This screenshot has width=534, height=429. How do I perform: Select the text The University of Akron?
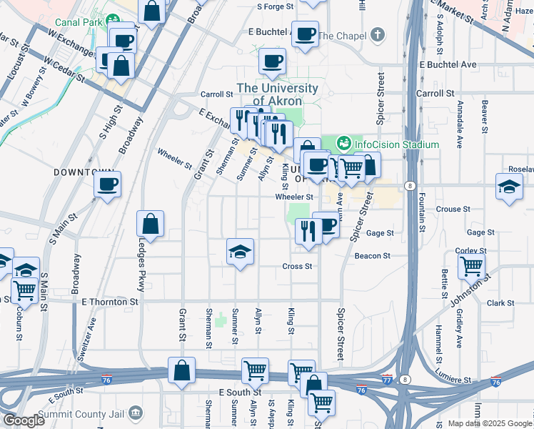tap(276, 94)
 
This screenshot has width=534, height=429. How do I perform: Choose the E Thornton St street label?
tap(109, 302)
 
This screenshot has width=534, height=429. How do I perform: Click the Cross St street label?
tap(298, 266)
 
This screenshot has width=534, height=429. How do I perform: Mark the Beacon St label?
tap(372, 255)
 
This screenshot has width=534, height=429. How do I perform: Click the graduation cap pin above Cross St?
tap(240, 252)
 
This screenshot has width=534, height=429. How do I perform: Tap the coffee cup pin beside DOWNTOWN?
tap(108, 184)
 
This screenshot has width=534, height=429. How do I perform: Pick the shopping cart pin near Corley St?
tap(471, 267)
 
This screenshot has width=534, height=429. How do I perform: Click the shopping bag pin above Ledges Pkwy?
tap(151, 225)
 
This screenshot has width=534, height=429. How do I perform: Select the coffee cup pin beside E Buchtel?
tap(306, 34)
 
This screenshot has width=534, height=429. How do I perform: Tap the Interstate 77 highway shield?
tap(387, 378)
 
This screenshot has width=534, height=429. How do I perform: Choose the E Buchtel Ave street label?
tap(448, 64)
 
